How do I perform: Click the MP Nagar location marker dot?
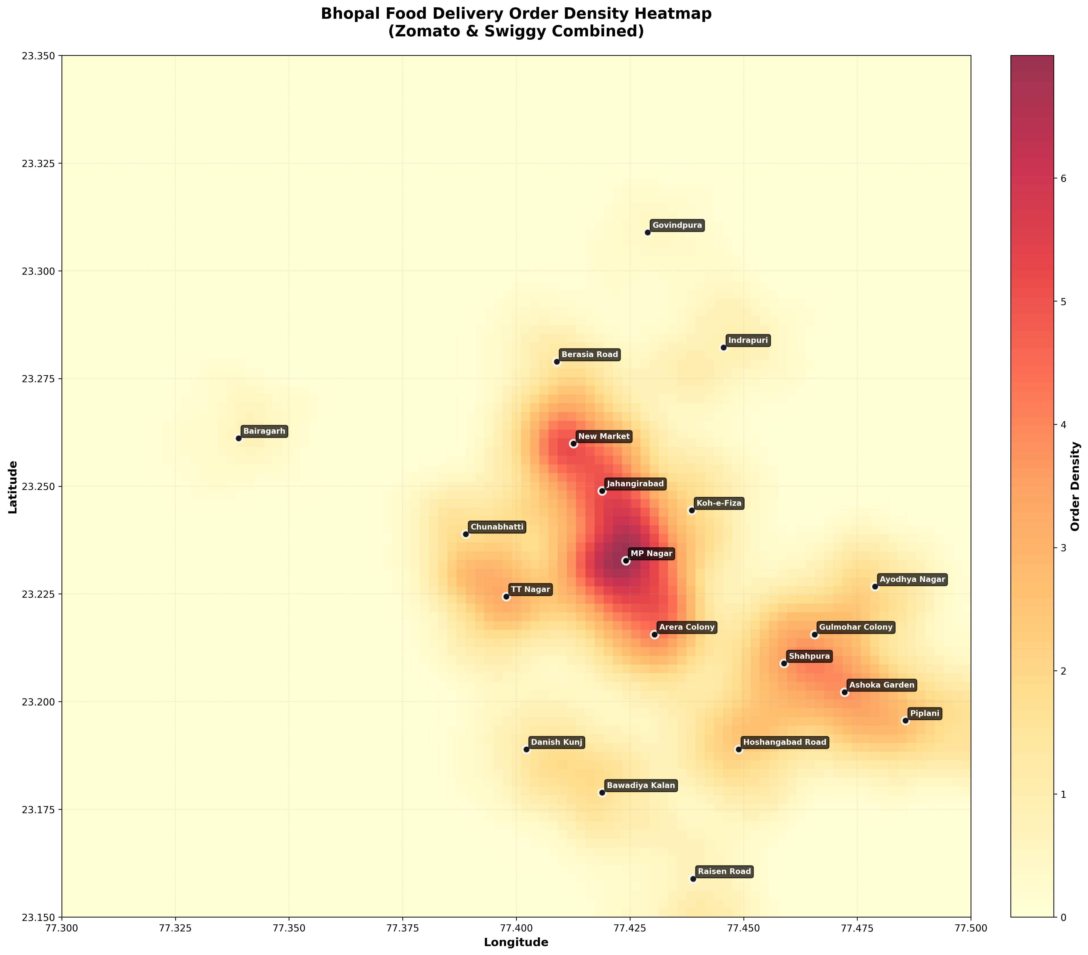point(626,561)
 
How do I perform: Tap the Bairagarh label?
point(264,431)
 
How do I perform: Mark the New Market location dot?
point(573,444)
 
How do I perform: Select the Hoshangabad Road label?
point(785,742)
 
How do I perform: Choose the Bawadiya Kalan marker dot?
point(602,793)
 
